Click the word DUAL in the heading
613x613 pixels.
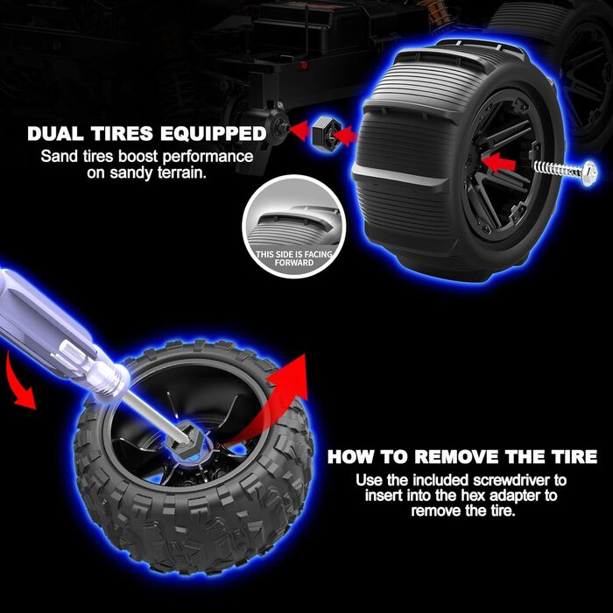55,134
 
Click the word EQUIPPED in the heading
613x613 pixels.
214,134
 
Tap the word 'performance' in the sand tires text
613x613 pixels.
208,157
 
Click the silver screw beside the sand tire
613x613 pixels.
566,172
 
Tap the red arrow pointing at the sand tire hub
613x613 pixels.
498,163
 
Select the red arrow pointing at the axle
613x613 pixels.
300,131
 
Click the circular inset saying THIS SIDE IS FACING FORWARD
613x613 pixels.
293,226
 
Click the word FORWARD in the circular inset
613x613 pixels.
293,263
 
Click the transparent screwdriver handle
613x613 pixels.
59,336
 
